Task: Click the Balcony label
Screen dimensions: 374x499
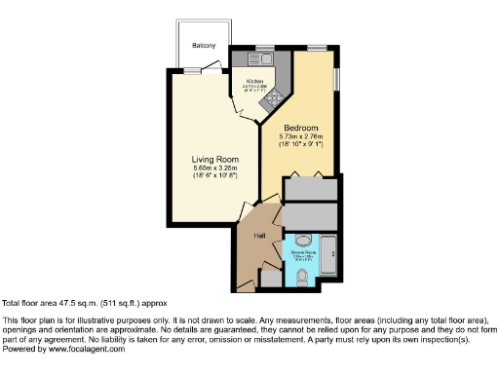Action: click(x=204, y=46)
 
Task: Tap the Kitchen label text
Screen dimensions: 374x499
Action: click(x=254, y=82)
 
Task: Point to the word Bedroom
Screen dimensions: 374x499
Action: click(x=302, y=128)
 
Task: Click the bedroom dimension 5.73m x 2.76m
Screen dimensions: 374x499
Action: click(x=302, y=137)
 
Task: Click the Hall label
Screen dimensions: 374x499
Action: click(x=259, y=236)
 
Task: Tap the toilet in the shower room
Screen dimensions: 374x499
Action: click(x=303, y=279)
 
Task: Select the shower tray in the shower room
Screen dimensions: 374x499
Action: click(x=327, y=257)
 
